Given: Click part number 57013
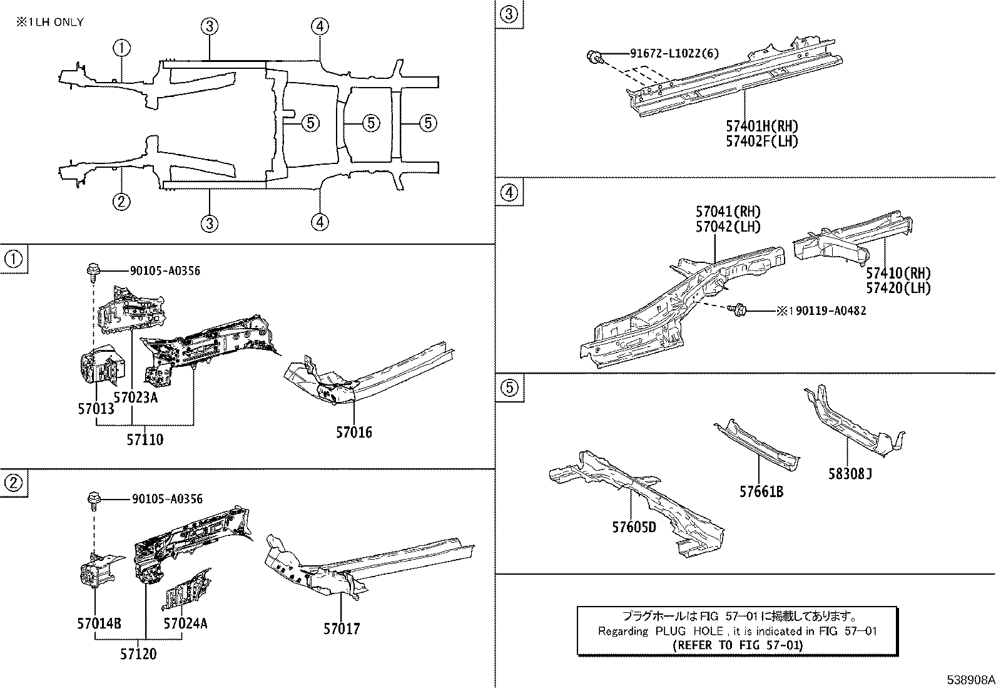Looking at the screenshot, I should coord(96,409).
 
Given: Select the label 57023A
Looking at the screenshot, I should coord(135,397).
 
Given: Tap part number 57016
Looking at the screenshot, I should coord(353,432).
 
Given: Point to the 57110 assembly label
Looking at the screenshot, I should coord(145,439).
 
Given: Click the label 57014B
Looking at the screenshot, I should coord(99,624).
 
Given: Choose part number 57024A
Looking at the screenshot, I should coord(185,624).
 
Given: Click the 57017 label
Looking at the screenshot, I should coord(342,629).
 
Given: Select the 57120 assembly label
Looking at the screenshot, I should coord(138,654).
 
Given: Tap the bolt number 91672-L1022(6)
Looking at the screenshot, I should coord(674,54).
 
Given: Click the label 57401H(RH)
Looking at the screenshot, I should coord(762,126).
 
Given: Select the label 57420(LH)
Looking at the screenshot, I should coord(898,289).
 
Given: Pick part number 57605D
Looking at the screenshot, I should coord(634,527).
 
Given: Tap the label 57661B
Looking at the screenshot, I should coord(761,491).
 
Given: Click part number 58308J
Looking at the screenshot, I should coord(849,474).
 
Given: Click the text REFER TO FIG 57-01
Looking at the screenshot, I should coord(738,645).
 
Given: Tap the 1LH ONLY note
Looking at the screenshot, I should coord(50,22).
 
